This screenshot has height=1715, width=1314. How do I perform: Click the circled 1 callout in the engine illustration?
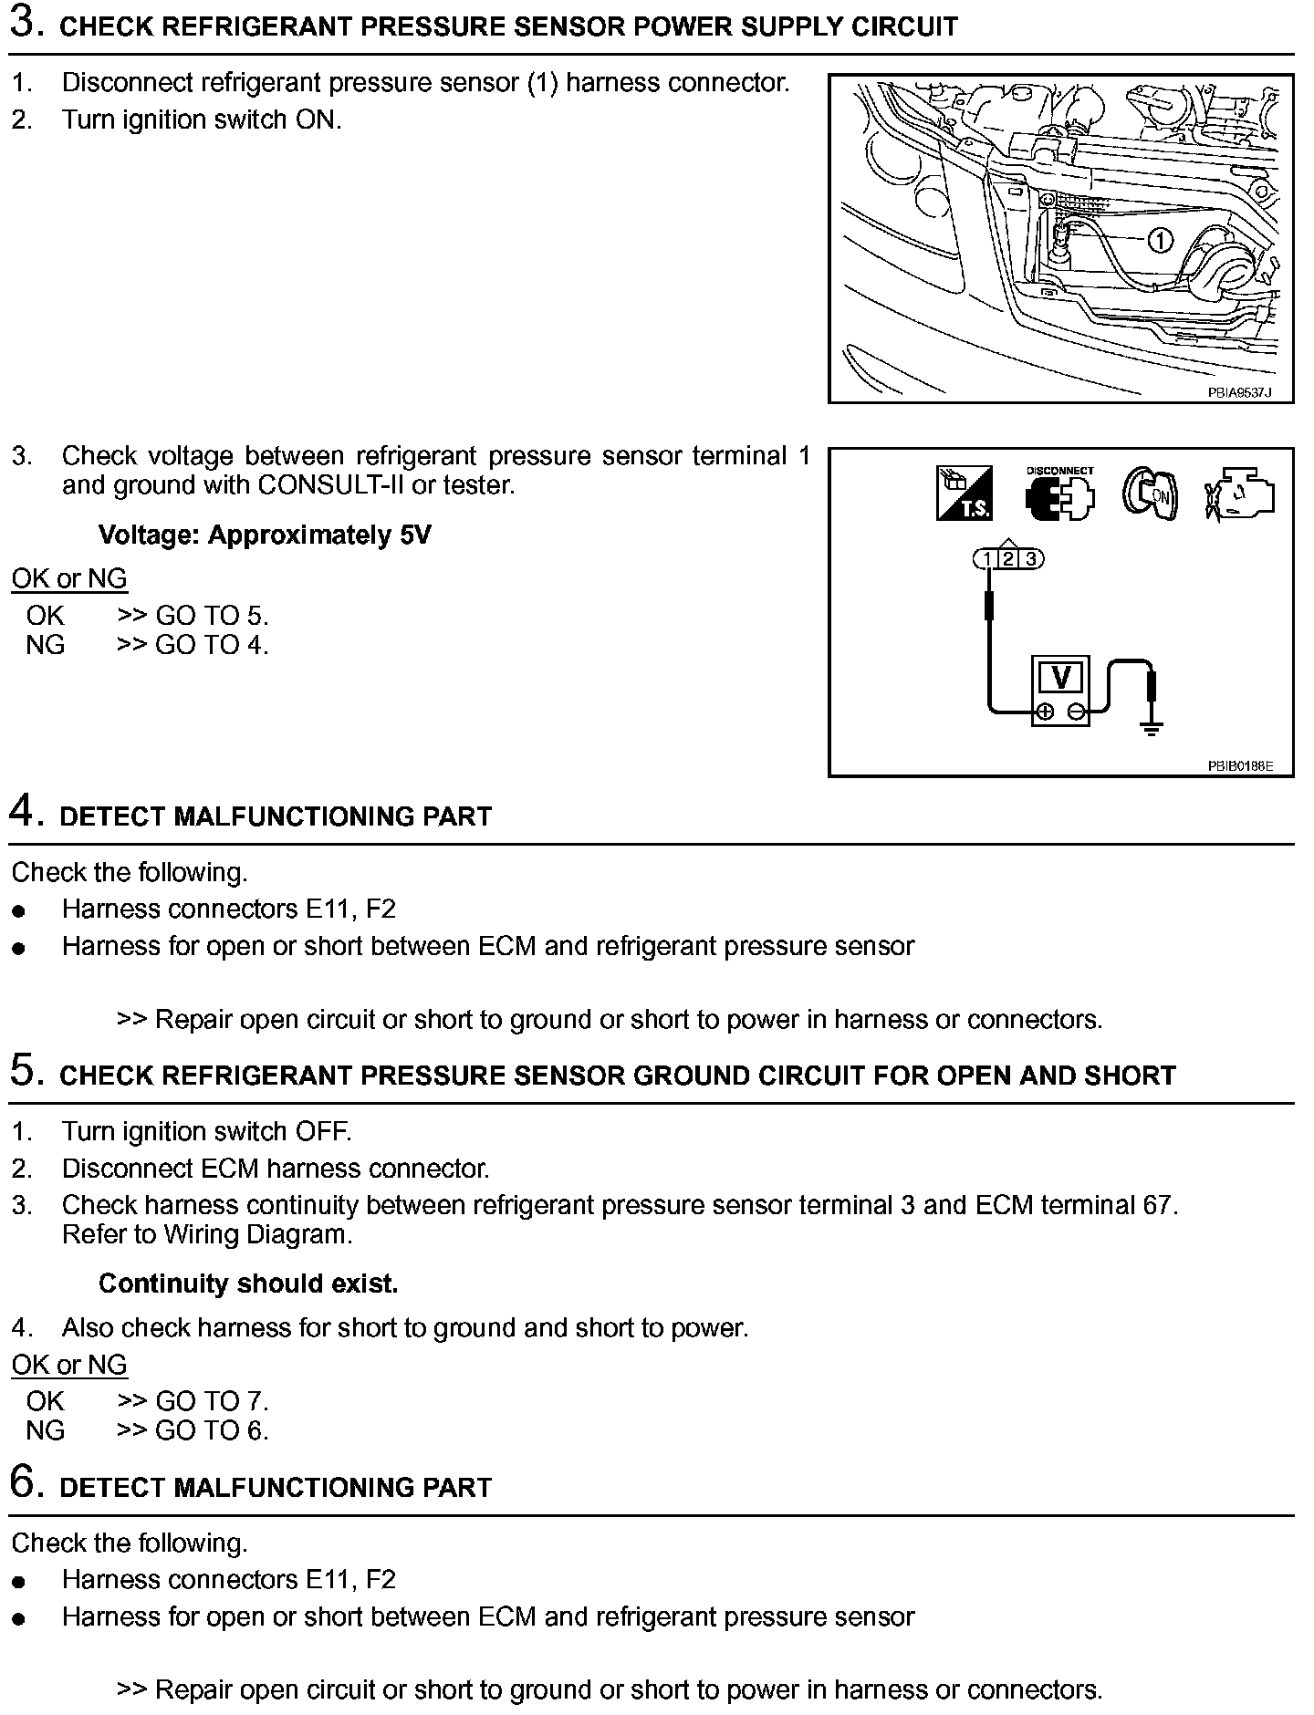(1159, 241)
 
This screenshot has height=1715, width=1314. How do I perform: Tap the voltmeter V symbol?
(1060, 678)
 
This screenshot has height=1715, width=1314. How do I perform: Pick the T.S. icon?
(965, 494)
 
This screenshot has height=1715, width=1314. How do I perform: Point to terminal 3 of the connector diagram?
(1030, 559)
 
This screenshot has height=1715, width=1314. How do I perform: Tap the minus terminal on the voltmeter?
(1077, 712)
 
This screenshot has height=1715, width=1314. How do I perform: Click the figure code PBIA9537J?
(1238, 393)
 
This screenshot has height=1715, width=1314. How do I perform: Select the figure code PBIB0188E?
(1239, 766)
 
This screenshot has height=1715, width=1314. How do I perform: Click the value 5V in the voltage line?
(415, 535)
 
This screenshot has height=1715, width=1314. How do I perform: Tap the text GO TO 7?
(212, 1401)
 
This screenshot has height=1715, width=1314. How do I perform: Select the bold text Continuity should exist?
(248, 1284)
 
